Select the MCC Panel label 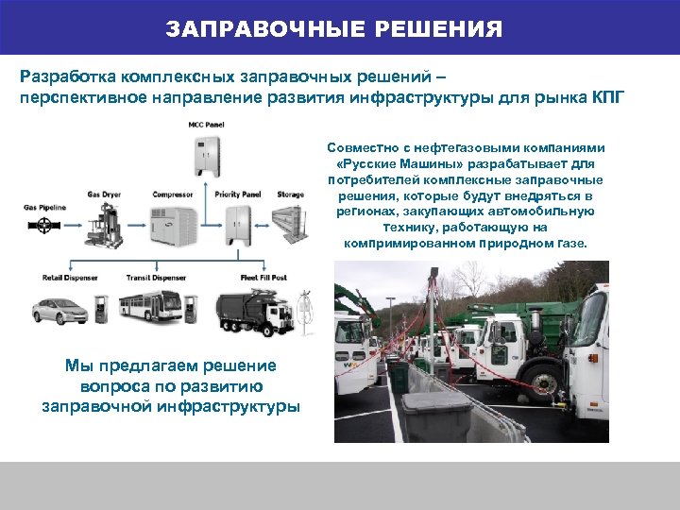pos(207,124)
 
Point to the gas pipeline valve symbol pos(43,226)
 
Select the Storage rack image pos(291,223)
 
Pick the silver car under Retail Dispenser pos(59,309)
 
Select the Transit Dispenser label pos(158,278)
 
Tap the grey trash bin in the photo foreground pos(436,415)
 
